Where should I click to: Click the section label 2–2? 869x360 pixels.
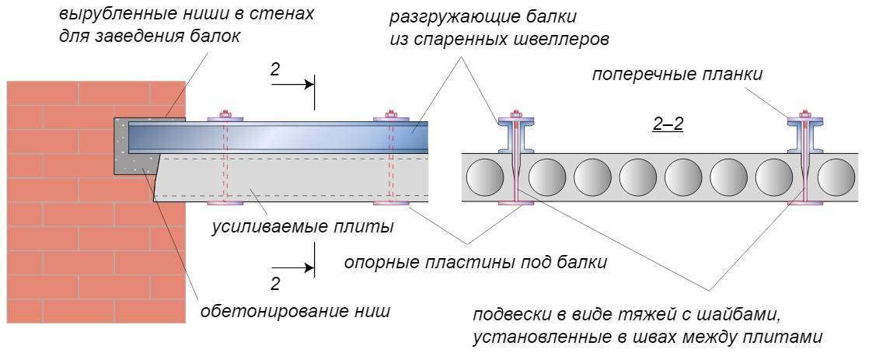click(668, 124)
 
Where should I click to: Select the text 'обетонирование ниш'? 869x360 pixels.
click(295, 312)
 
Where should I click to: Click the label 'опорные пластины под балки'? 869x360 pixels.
click(476, 262)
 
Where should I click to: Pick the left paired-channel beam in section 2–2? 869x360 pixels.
click(514, 137)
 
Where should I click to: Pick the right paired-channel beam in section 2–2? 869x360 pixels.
click(806, 137)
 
